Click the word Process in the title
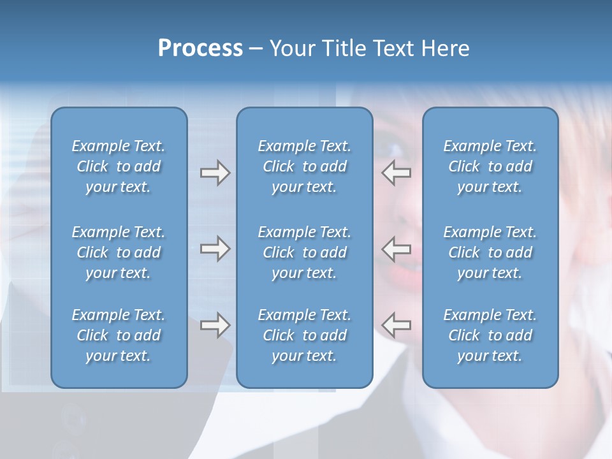[200, 48]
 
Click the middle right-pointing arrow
[215, 249]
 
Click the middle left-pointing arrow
[397, 249]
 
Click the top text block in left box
[119, 166]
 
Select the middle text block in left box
[119, 252]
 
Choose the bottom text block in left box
[119, 335]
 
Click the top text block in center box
[304, 166]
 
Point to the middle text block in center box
[304, 252]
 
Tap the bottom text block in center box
[304, 335]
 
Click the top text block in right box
[490, 166]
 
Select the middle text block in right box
[490, 252]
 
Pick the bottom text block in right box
[490, 335]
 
